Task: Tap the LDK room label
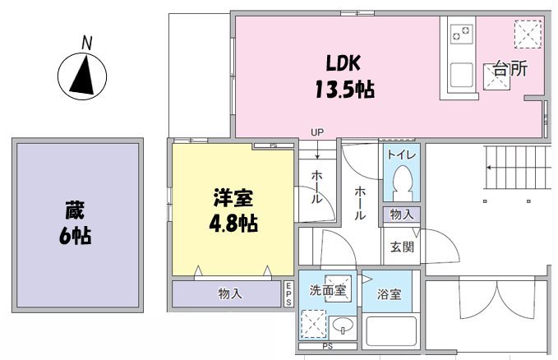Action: click(x=344, y=63)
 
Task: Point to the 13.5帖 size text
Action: click(x=344, y=90)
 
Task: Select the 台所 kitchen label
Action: click(x=510, y=70)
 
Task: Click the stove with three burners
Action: click(x=462, y=34)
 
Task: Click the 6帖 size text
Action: click(x=74, y=237)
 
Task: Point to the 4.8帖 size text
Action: click(x=233, y=224)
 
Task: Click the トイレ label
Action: click(x=401, y=155)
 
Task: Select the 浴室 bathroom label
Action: click(x=390, y=293)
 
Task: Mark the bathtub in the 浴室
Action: click(x=391, y=333)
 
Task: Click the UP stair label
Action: click(x=316, y=132)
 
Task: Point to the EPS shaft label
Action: click(x=288, y=293)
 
